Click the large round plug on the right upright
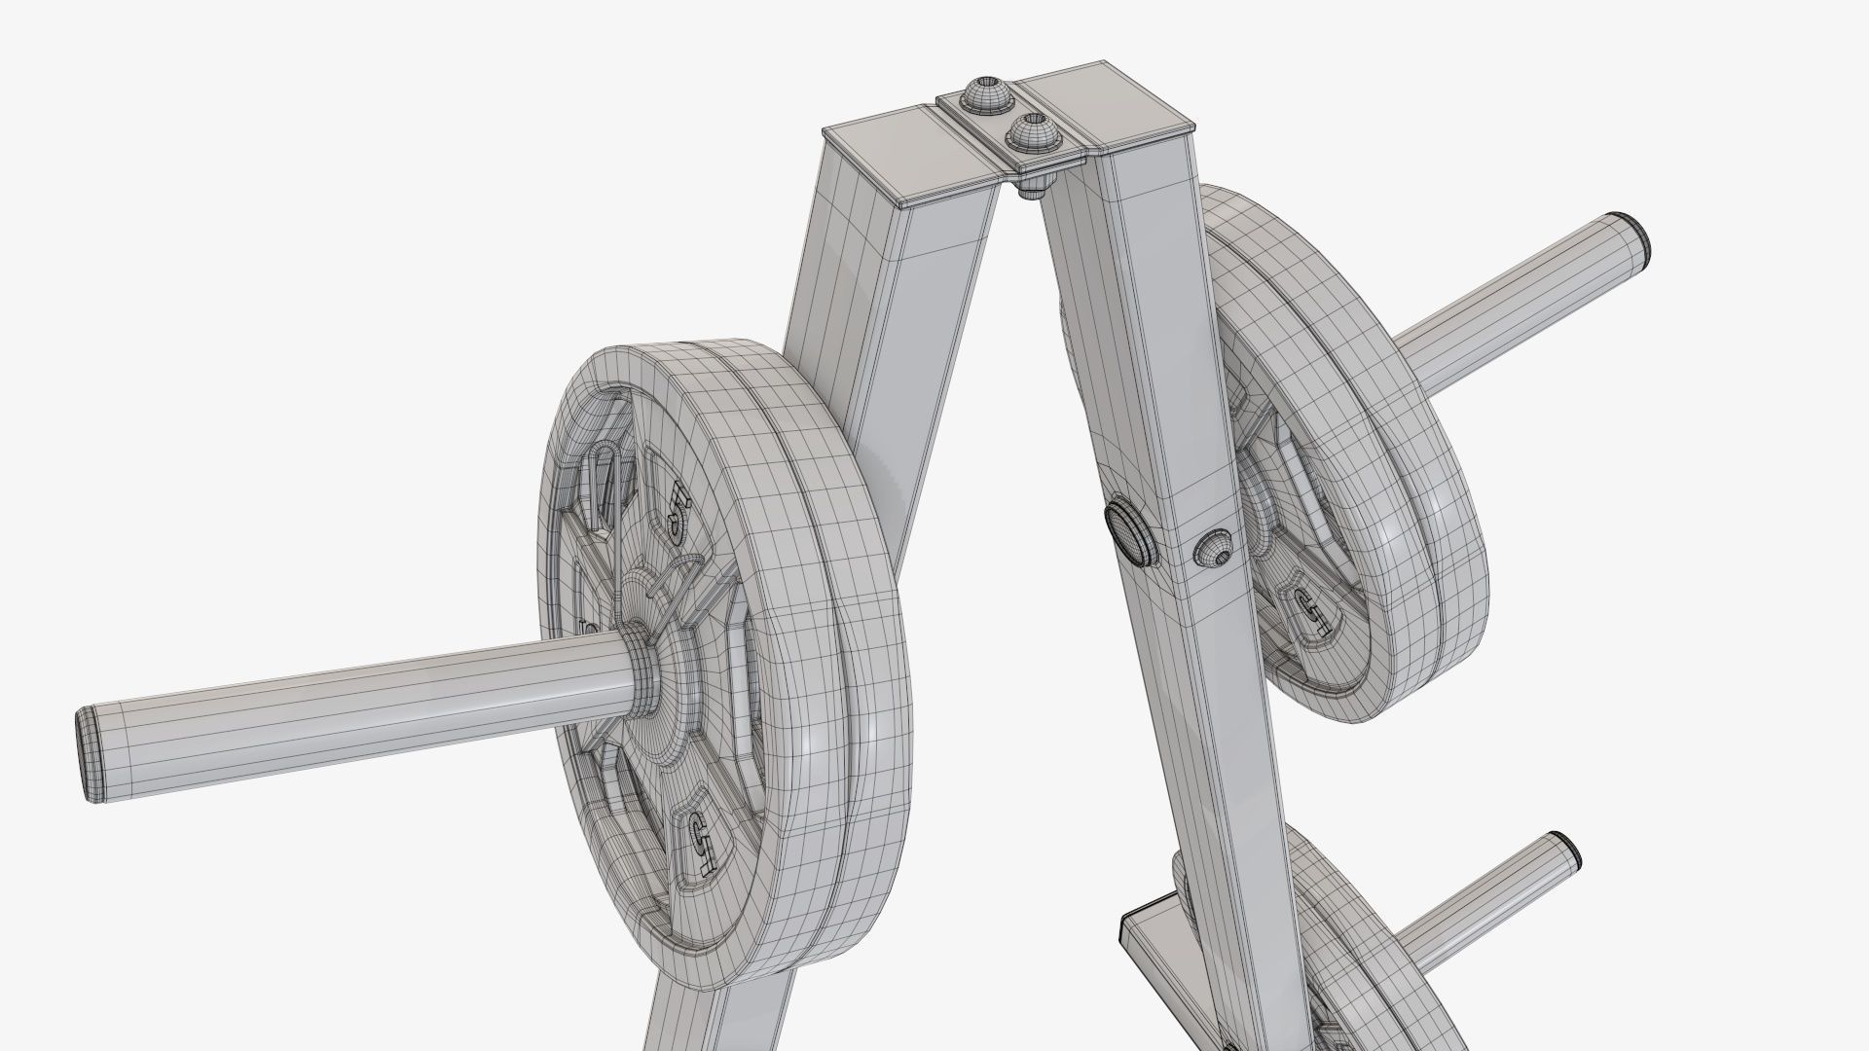pos(1131,533)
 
